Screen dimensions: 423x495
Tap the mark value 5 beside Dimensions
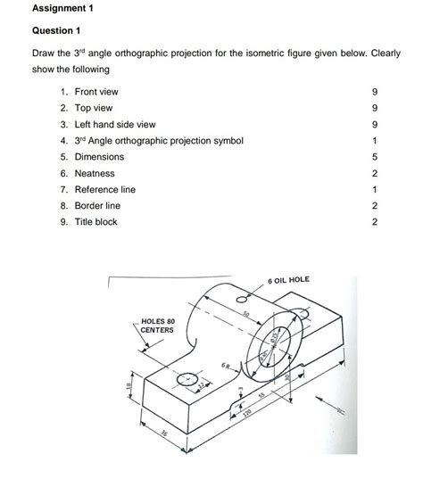tap(376, 157)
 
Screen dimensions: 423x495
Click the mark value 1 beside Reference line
tap(376, 189)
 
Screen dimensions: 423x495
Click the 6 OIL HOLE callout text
tap(287, 280)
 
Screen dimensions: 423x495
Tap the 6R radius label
tap(203, 366)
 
